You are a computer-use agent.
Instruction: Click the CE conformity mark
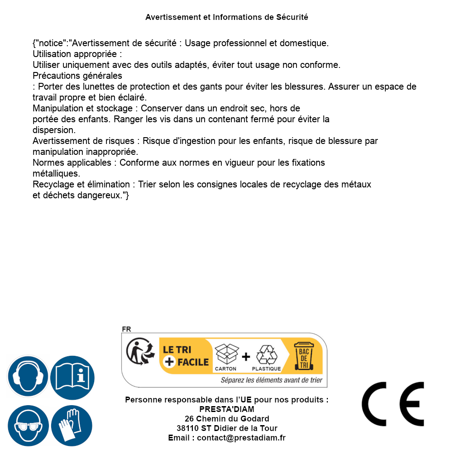393,404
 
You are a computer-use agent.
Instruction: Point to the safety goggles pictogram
28,426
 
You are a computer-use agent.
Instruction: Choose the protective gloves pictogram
72,426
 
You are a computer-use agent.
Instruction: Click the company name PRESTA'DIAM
227,409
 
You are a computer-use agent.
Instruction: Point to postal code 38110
187,428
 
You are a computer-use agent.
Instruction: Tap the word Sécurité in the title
292,17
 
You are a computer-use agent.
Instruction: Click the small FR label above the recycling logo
126,329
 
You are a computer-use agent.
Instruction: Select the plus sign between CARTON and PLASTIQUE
246,357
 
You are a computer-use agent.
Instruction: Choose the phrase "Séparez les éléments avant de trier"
272,380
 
